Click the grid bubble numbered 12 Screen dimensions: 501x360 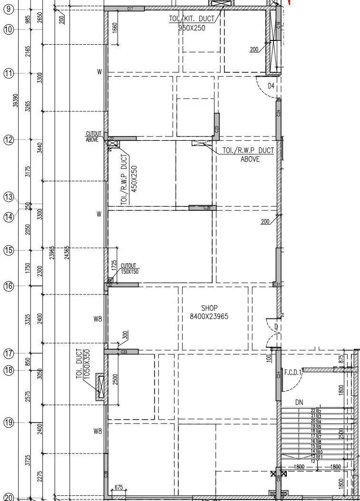[x=9, y=140]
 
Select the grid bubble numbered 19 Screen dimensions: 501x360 [x=9, y=422]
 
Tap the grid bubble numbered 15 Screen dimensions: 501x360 [x=9, y=250]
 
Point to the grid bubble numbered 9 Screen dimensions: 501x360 [x=9, y=9]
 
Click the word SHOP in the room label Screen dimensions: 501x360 [x=209, y=308]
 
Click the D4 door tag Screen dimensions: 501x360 [x=271, y=86]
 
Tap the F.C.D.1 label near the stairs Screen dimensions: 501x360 [x=293, y=373]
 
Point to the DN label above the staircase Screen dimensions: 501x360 [x=299, y=403]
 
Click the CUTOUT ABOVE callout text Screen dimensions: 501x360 [x=92, y=137]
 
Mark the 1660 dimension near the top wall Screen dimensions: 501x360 [x=115, y=28]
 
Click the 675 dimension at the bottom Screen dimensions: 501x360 [x=118, y=487]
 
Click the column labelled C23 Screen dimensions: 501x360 [x=217, y=127]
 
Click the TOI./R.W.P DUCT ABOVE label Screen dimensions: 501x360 [x=248, y=155]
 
